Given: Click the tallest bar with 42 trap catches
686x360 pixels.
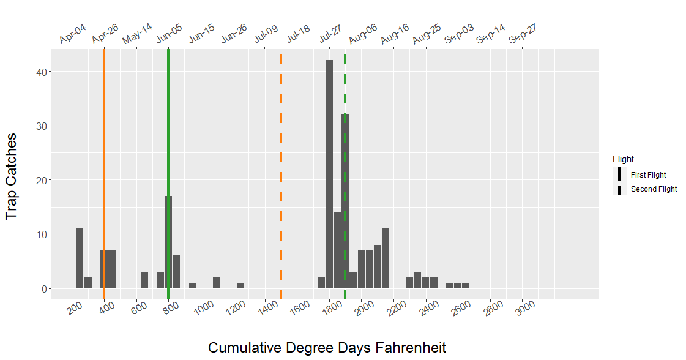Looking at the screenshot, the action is coord(329,174).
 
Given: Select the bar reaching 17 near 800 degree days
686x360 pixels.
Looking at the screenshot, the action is coord(168,242).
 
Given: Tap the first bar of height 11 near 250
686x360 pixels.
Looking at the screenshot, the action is coord(80,258).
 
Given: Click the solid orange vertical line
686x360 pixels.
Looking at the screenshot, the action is coord(104,174).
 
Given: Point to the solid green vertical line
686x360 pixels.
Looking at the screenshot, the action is coord(168,174).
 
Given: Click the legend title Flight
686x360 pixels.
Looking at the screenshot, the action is coord(623,159).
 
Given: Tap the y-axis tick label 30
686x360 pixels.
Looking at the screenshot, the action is coord(42,126).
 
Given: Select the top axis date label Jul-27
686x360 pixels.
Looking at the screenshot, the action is coord(330,34).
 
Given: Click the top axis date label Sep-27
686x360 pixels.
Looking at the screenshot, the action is coord(523,34).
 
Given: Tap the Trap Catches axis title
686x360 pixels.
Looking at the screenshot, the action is coord(11,176).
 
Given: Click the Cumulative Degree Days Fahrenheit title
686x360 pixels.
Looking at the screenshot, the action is coord(327,348).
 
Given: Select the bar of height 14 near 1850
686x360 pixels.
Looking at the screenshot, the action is coord(337,250).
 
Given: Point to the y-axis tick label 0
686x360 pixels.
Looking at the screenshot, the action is coord(44,289).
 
